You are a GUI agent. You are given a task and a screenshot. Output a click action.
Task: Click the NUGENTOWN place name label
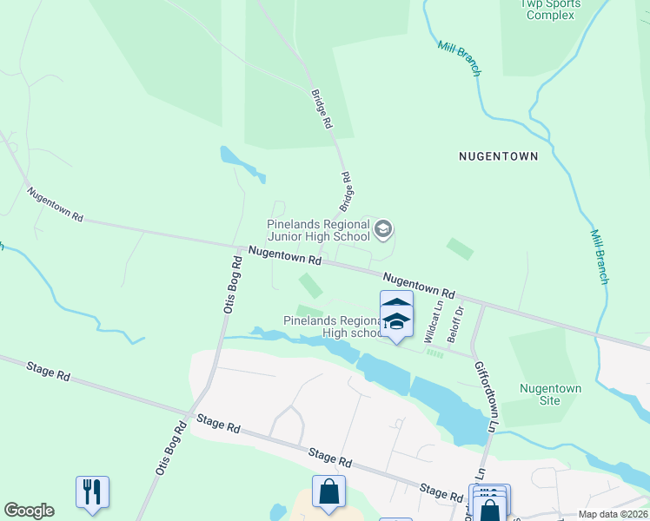tap(498, 156)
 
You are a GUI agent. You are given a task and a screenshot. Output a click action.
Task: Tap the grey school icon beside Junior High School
tap(383, 230)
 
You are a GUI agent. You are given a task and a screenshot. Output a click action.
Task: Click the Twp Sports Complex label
tap(550, 9)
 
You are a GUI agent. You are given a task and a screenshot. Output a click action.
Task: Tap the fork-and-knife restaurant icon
tap(92, 492)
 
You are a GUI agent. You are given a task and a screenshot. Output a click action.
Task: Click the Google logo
tap(29, 511)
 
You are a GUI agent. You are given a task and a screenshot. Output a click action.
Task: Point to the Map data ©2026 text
tap(613, 514)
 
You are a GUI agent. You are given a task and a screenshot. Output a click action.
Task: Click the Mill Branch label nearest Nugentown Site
tap(600, 257)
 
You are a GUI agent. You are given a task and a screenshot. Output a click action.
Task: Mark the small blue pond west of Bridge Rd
tap(241, 162)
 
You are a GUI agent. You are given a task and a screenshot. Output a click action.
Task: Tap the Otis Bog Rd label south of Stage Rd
tap(171, 447)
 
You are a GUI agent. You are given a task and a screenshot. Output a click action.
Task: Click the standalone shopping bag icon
tap(329, 493)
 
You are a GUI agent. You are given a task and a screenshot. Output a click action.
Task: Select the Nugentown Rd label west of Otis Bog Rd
tap(55, 205)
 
